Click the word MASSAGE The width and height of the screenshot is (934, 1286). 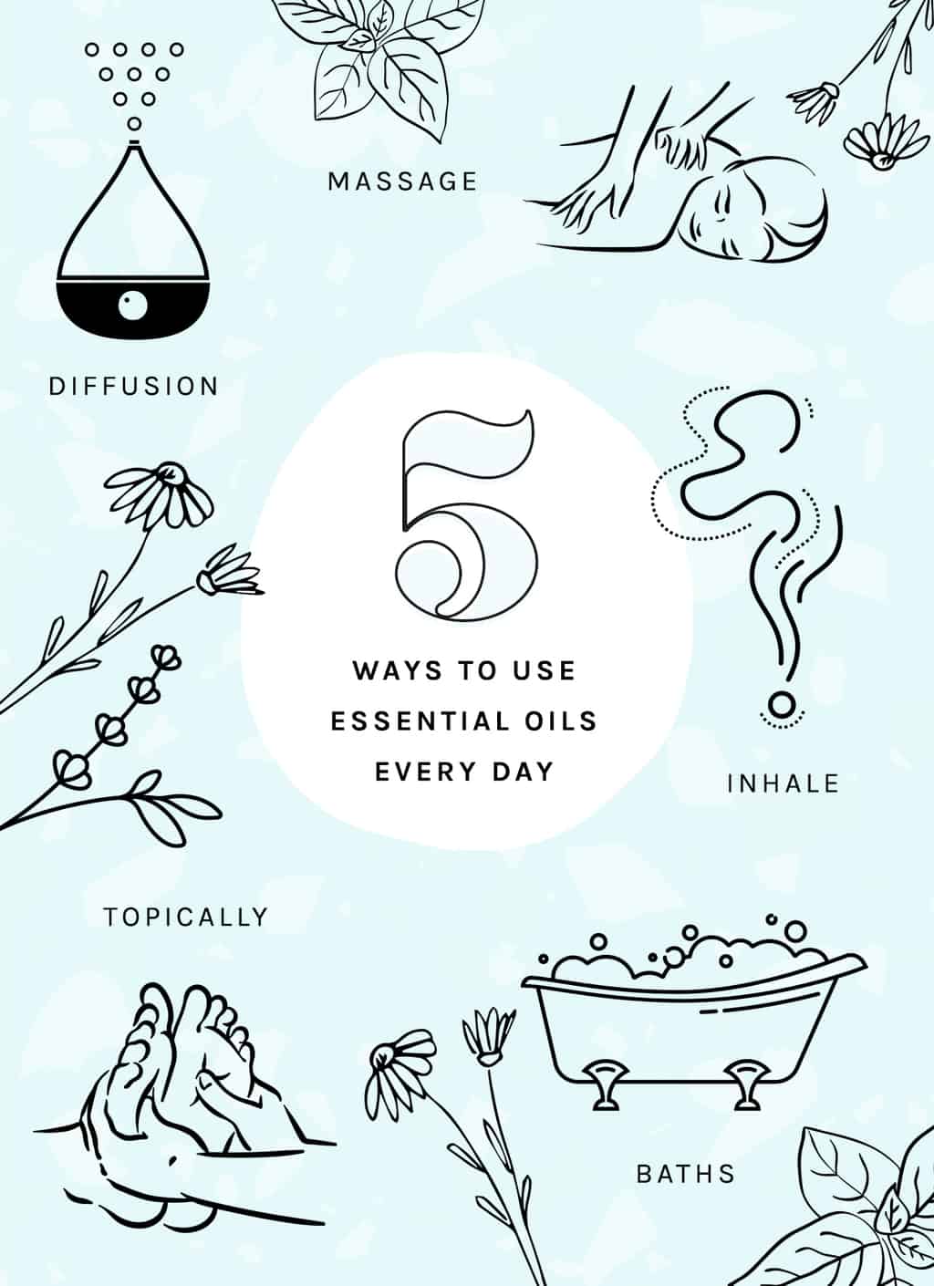(402, 181)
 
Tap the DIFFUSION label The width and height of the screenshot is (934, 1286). (134, 386)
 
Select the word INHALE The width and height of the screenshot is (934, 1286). (783, 783)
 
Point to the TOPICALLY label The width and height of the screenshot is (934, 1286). (185, 916)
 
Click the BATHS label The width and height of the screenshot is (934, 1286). (685, 1173)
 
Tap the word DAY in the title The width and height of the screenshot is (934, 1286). (525, 772)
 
